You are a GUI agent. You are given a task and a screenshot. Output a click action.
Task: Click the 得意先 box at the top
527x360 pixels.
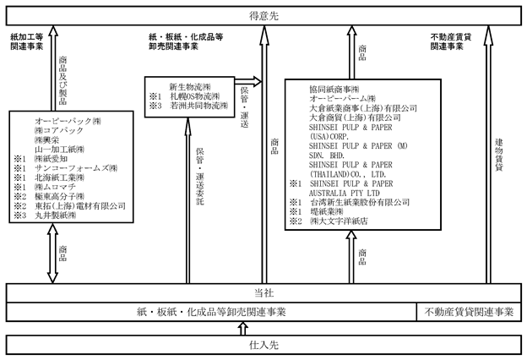tap(263, 16)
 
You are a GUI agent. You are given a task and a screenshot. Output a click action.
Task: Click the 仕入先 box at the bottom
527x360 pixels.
tap(263, 345)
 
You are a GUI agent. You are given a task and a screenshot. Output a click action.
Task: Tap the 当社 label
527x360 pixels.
tap(263, 293)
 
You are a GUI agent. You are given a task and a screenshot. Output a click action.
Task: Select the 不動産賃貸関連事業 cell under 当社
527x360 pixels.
tap(469, 312)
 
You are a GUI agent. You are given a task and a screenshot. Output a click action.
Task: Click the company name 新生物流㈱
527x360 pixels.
tap(190, 87)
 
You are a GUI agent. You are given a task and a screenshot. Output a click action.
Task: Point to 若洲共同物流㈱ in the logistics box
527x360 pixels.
tap(199, 106)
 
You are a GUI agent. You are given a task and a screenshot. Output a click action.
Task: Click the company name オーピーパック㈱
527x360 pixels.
tap(68, 121)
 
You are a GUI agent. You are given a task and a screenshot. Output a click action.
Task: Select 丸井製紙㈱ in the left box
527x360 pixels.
tap(56, 215)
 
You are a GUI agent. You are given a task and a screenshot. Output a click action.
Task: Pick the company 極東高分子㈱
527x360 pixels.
tap(59, 196)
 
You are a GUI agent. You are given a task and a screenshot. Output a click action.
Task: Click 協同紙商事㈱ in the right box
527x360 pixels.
tap(334, 90)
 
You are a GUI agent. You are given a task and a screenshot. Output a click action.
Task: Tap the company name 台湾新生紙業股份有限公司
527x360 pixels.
tap(360, 202)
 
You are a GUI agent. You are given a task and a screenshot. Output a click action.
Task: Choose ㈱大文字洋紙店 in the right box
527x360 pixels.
tap(339, 221)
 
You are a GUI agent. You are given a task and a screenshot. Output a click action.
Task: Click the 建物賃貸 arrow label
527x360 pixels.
tap(499, 155)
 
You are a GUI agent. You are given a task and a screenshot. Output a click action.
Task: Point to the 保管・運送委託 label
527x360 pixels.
tap(200, 177)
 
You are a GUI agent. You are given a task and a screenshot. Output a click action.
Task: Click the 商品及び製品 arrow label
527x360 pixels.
tap(62, 80)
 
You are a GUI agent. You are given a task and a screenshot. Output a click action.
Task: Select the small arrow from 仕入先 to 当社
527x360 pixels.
tap(243, 329)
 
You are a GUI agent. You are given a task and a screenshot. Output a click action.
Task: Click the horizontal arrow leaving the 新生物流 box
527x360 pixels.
tap(248, 81)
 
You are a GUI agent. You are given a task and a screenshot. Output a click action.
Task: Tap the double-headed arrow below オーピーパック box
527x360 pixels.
tap(52, 253)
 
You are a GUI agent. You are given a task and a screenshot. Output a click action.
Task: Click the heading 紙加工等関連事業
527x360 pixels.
tap(27, 41)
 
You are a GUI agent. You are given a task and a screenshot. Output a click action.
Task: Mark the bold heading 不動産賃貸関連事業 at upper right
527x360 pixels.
tap(451, 41)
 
